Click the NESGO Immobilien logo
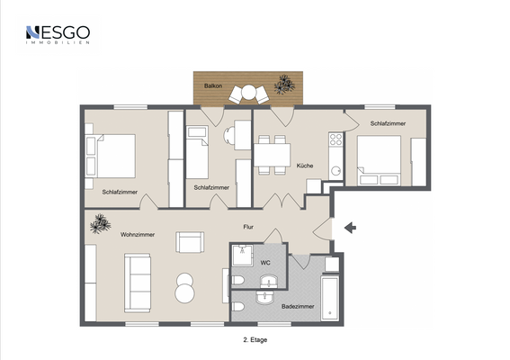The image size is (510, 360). [58, 34]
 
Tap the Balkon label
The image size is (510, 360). [213, 85]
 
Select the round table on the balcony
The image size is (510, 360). [249, 92]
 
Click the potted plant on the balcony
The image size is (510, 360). [284, 85]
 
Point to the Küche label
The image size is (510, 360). [305, 166]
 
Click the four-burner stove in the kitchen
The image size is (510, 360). [336, 139]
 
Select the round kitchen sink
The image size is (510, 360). [336, 171]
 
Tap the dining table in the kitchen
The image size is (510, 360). [272, 155]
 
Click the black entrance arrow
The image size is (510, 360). [350, 228]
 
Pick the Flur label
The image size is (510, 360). [248, 227]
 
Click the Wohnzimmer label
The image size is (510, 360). [138, 234]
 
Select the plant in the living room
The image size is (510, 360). [100, 223]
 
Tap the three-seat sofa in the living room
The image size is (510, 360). [138, 283]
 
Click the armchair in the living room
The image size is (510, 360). [190, 242]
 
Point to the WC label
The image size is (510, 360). [265, 263]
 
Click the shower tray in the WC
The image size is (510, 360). [243, 256]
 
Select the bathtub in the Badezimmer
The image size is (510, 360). [330, 298]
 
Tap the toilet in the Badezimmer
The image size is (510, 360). [238, 307]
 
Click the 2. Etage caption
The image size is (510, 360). [255, 340]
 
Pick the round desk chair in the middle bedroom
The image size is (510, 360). [229, 135]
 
